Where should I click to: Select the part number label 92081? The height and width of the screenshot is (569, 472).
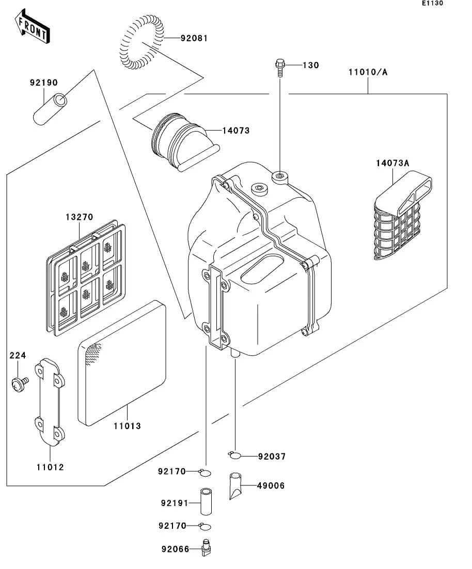[194, 38]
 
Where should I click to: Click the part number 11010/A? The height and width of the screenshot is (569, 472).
[367, 72]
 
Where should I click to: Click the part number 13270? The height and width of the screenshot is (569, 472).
[79, 217]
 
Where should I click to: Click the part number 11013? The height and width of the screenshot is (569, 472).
[127, 426]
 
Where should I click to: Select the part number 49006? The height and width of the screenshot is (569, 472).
[271, 486]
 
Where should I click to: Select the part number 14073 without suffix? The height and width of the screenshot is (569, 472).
[235, 131]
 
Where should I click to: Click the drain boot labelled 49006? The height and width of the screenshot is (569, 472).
[235, 485]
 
